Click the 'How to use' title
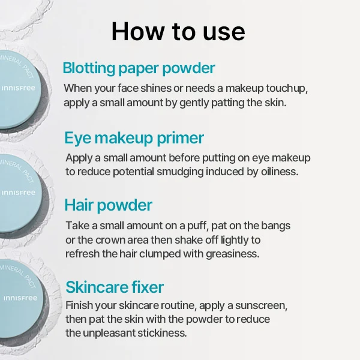[178, 31]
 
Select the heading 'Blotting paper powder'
[139, 68]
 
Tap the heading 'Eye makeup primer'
[134, 138]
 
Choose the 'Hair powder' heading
[109, 205]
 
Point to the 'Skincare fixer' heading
[115, 287]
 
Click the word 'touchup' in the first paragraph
[287, 88]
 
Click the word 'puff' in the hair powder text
[197, 226]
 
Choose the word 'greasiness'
[232, 254]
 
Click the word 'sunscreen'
[261, 305]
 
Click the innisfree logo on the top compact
[19, 88]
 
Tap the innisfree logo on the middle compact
[19, 193]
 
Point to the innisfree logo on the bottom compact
[20, 298]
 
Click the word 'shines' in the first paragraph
[156, 88]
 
